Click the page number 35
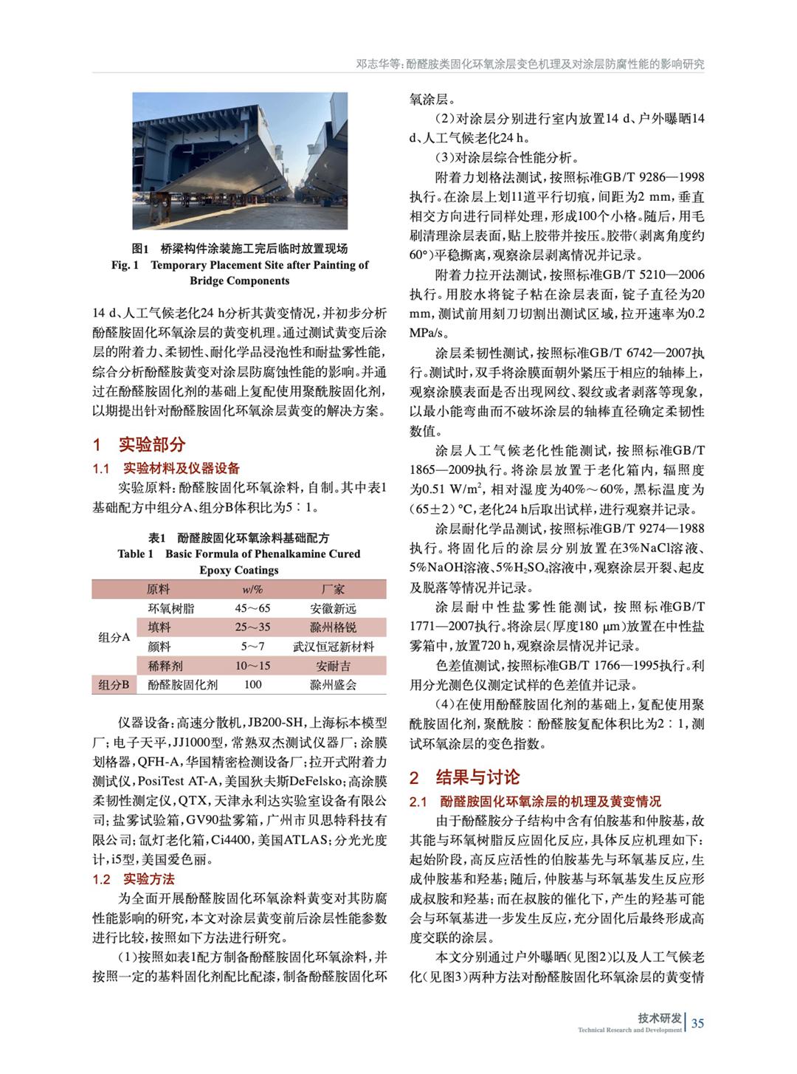point(697,1023)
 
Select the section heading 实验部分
point(152,444)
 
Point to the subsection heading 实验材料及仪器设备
point(181,468)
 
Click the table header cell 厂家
point(333,589)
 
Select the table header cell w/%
point(252,589)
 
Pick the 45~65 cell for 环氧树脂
point(252,608)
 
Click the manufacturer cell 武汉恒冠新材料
point(333,647)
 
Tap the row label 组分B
point(114,685)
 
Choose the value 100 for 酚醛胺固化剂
point(252,685)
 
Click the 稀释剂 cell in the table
point(165,666)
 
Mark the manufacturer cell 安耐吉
point(333,666)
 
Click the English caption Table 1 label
point(135,554)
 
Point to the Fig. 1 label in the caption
point(125,265)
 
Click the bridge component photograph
point(240,160)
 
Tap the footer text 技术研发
point(660,1018)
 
